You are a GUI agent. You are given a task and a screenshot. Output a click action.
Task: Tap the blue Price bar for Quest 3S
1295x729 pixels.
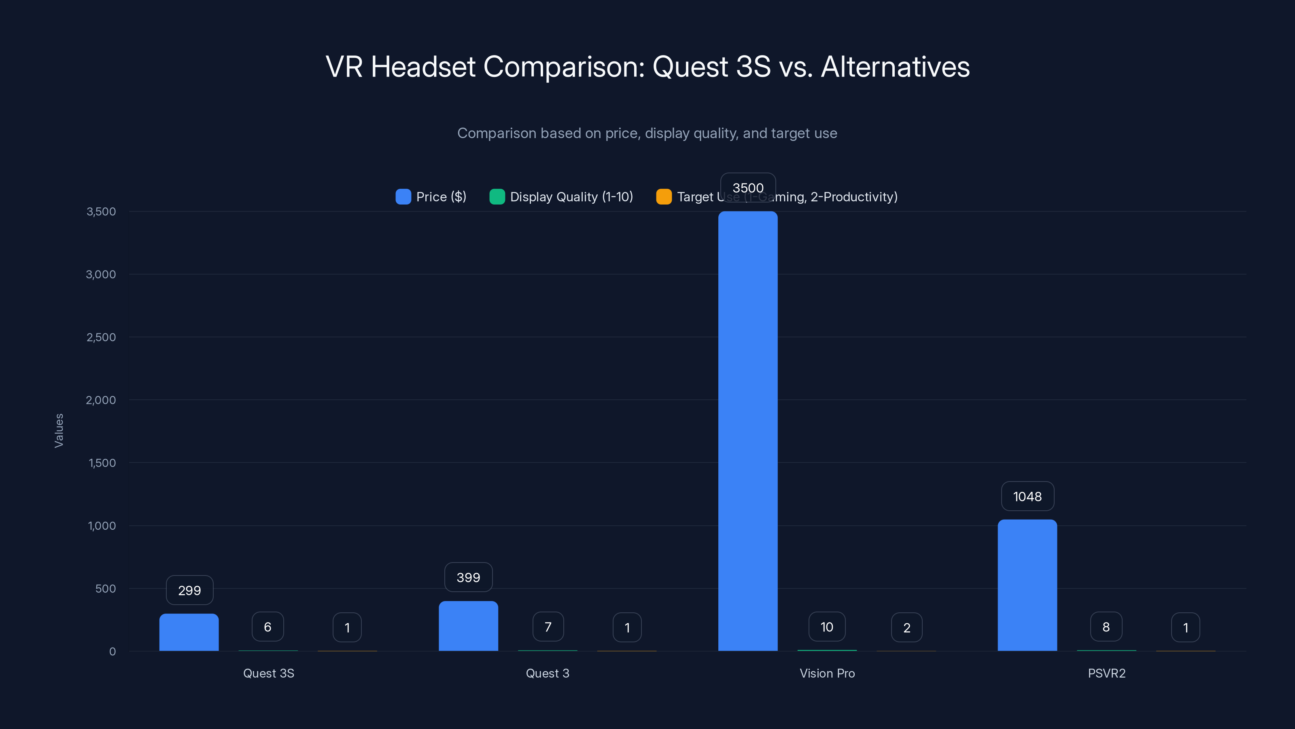pos(189,632)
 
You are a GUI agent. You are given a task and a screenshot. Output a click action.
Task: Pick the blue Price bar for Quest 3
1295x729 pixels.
pos(468,625)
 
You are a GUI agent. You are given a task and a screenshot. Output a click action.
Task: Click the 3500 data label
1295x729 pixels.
pos(747,188)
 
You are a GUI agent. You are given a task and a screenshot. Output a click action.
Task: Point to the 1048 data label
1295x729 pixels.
pos(1027,497)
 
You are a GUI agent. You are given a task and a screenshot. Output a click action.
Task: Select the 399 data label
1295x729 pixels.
pos(468,577)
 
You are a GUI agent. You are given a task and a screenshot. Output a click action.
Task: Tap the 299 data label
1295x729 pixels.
pos(189,590)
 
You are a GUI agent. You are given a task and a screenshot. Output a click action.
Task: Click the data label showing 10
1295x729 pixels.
pos(826,627)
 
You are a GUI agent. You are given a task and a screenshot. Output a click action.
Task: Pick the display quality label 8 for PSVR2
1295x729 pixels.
pos(1106,627)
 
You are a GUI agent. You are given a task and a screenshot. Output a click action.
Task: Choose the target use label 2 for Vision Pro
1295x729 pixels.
pos(906,627)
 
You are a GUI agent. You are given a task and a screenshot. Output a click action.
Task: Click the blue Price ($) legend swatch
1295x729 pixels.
pos(403,197)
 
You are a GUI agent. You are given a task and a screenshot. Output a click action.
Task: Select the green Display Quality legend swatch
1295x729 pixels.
pos(497,197)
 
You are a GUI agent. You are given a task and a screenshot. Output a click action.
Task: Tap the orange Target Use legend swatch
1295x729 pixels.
pos(664,197)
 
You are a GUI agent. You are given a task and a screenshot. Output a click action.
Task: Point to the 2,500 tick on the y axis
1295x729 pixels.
pos(101,337)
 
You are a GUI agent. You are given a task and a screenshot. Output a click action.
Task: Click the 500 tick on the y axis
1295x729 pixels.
pos(106,588)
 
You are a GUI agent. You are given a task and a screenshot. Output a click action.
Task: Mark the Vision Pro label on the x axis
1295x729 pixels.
pos(827,673)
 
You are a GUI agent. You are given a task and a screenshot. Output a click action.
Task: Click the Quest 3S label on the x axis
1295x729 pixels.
pos(268,673)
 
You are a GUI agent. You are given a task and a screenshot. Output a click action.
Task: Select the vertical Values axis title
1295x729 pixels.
pos(59,431)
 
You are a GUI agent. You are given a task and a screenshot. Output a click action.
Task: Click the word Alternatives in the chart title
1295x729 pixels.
pos(895,67)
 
